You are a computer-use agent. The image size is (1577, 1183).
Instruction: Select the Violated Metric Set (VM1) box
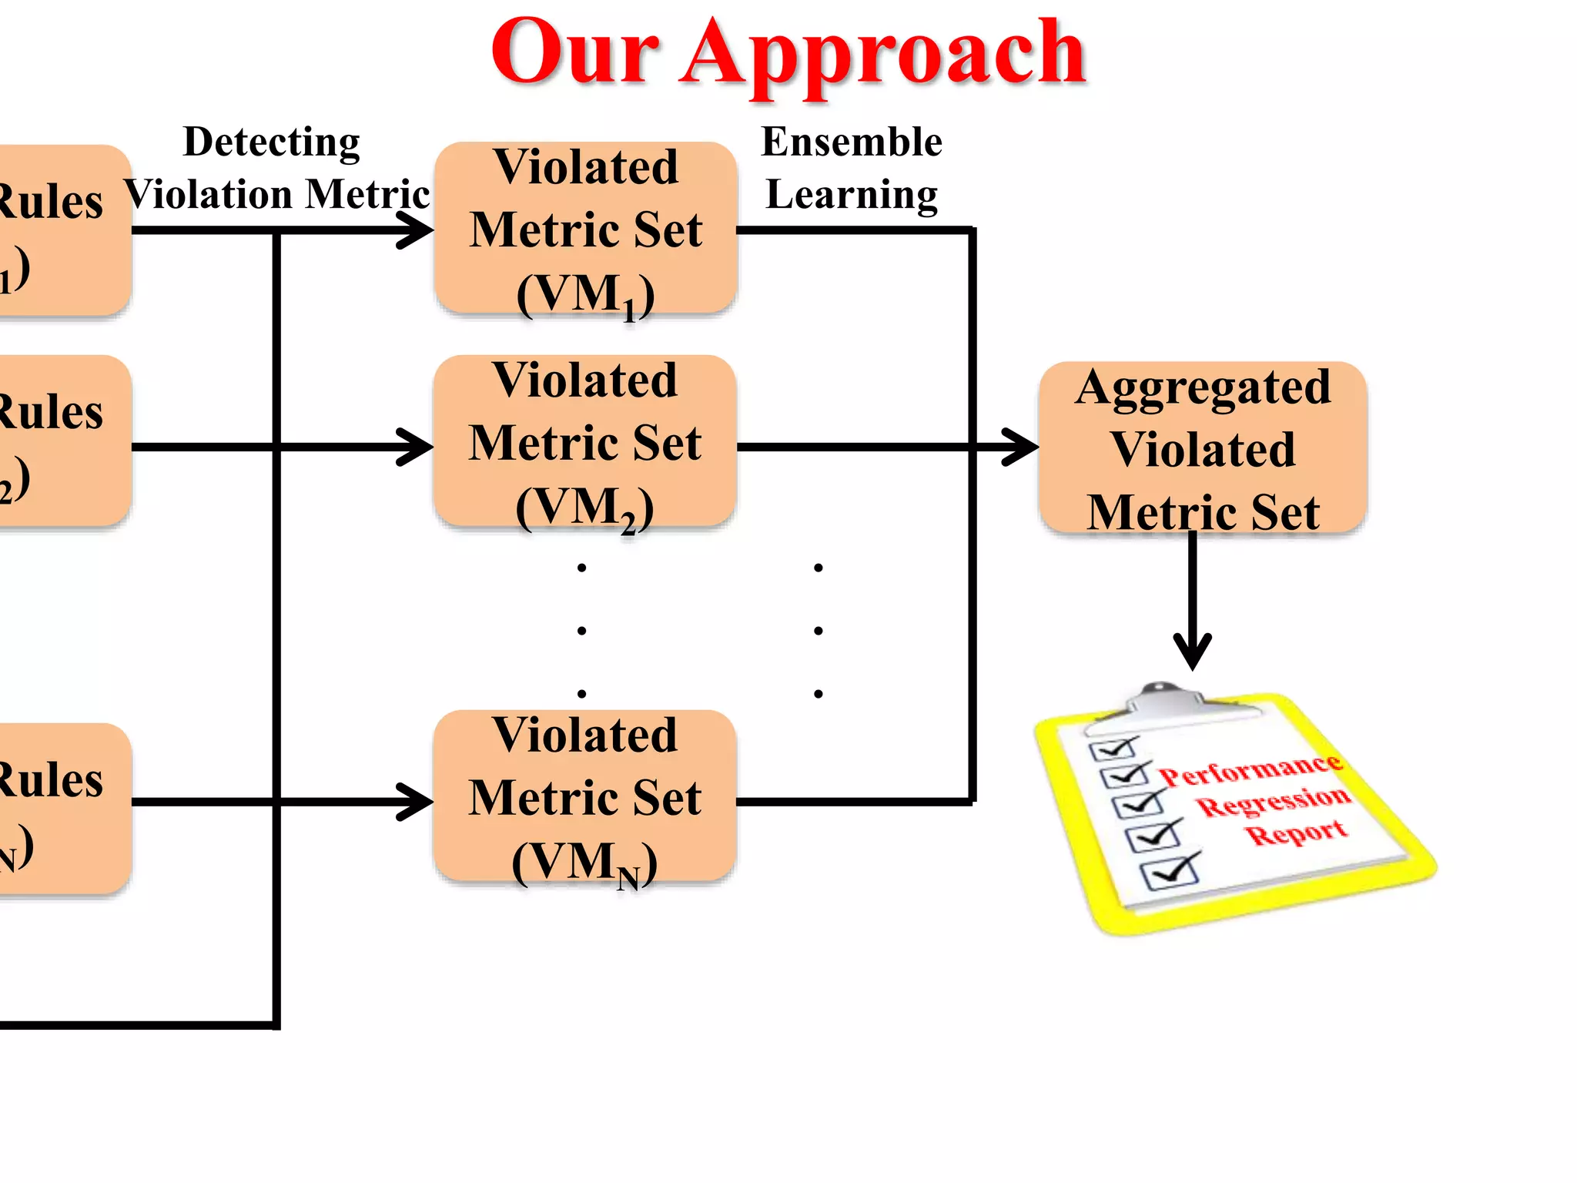click(x=585, y=229)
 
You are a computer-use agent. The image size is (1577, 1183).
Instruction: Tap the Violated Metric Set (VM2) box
click(x=584, y=442)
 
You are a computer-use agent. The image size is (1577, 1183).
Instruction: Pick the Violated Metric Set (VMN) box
click(x=584, y=796)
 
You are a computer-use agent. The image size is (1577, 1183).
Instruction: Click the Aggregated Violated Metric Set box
click(x=1202, y=448)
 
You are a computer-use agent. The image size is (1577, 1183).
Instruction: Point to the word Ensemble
click(x=851, y=142)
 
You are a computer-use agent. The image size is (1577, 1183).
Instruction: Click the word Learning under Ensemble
click(x=851, y=194)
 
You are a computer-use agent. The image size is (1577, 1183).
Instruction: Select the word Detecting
click(x=271, y=142)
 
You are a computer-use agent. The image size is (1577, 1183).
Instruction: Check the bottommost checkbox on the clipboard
click(x=1168, y=873)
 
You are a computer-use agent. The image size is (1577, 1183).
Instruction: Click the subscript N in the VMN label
click(x=628, y=879)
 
